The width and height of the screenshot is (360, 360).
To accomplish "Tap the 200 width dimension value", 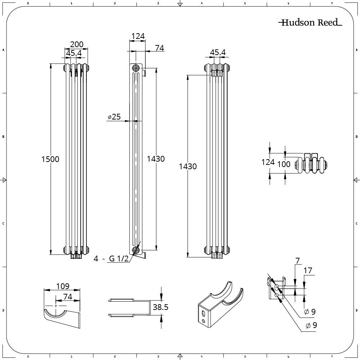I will pos(76,44).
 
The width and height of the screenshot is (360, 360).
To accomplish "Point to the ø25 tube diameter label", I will pos(114,117).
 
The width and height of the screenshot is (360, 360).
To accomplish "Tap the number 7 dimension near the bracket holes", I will pos(297,260).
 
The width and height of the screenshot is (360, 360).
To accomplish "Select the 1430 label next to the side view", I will pos(156,159).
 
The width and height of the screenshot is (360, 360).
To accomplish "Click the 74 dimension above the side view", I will pos(159,48).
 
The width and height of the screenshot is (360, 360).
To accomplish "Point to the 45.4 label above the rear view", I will pos(217,53).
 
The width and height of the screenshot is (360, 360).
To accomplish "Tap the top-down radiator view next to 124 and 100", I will pos(311,165).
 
